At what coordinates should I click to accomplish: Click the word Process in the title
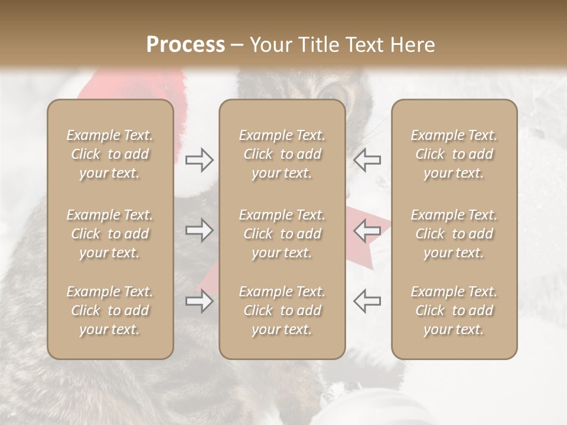coord(185,45)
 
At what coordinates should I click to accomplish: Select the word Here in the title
coord(413,45)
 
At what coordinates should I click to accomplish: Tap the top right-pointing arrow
coord(199,160)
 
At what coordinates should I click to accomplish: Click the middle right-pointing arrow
coord(199,230)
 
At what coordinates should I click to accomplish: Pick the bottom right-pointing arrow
coord(199,302)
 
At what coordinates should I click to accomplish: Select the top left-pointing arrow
coord(367,160)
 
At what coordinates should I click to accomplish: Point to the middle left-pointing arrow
coord(367,230)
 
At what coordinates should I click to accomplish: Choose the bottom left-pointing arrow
coord(367,301)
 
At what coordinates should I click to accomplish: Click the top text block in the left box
coord(110,154)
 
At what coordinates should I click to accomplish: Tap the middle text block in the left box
coord(110,234)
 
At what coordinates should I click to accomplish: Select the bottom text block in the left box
coord(110,310)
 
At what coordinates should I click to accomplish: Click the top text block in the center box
coord(282,154)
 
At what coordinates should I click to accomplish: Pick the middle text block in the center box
coord(282,234)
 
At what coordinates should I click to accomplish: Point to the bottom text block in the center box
coord(282,310)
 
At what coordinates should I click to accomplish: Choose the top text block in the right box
coord(454,154)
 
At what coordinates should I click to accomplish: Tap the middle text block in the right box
coord(454,234)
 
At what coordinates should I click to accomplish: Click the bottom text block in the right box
coord(454,310)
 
